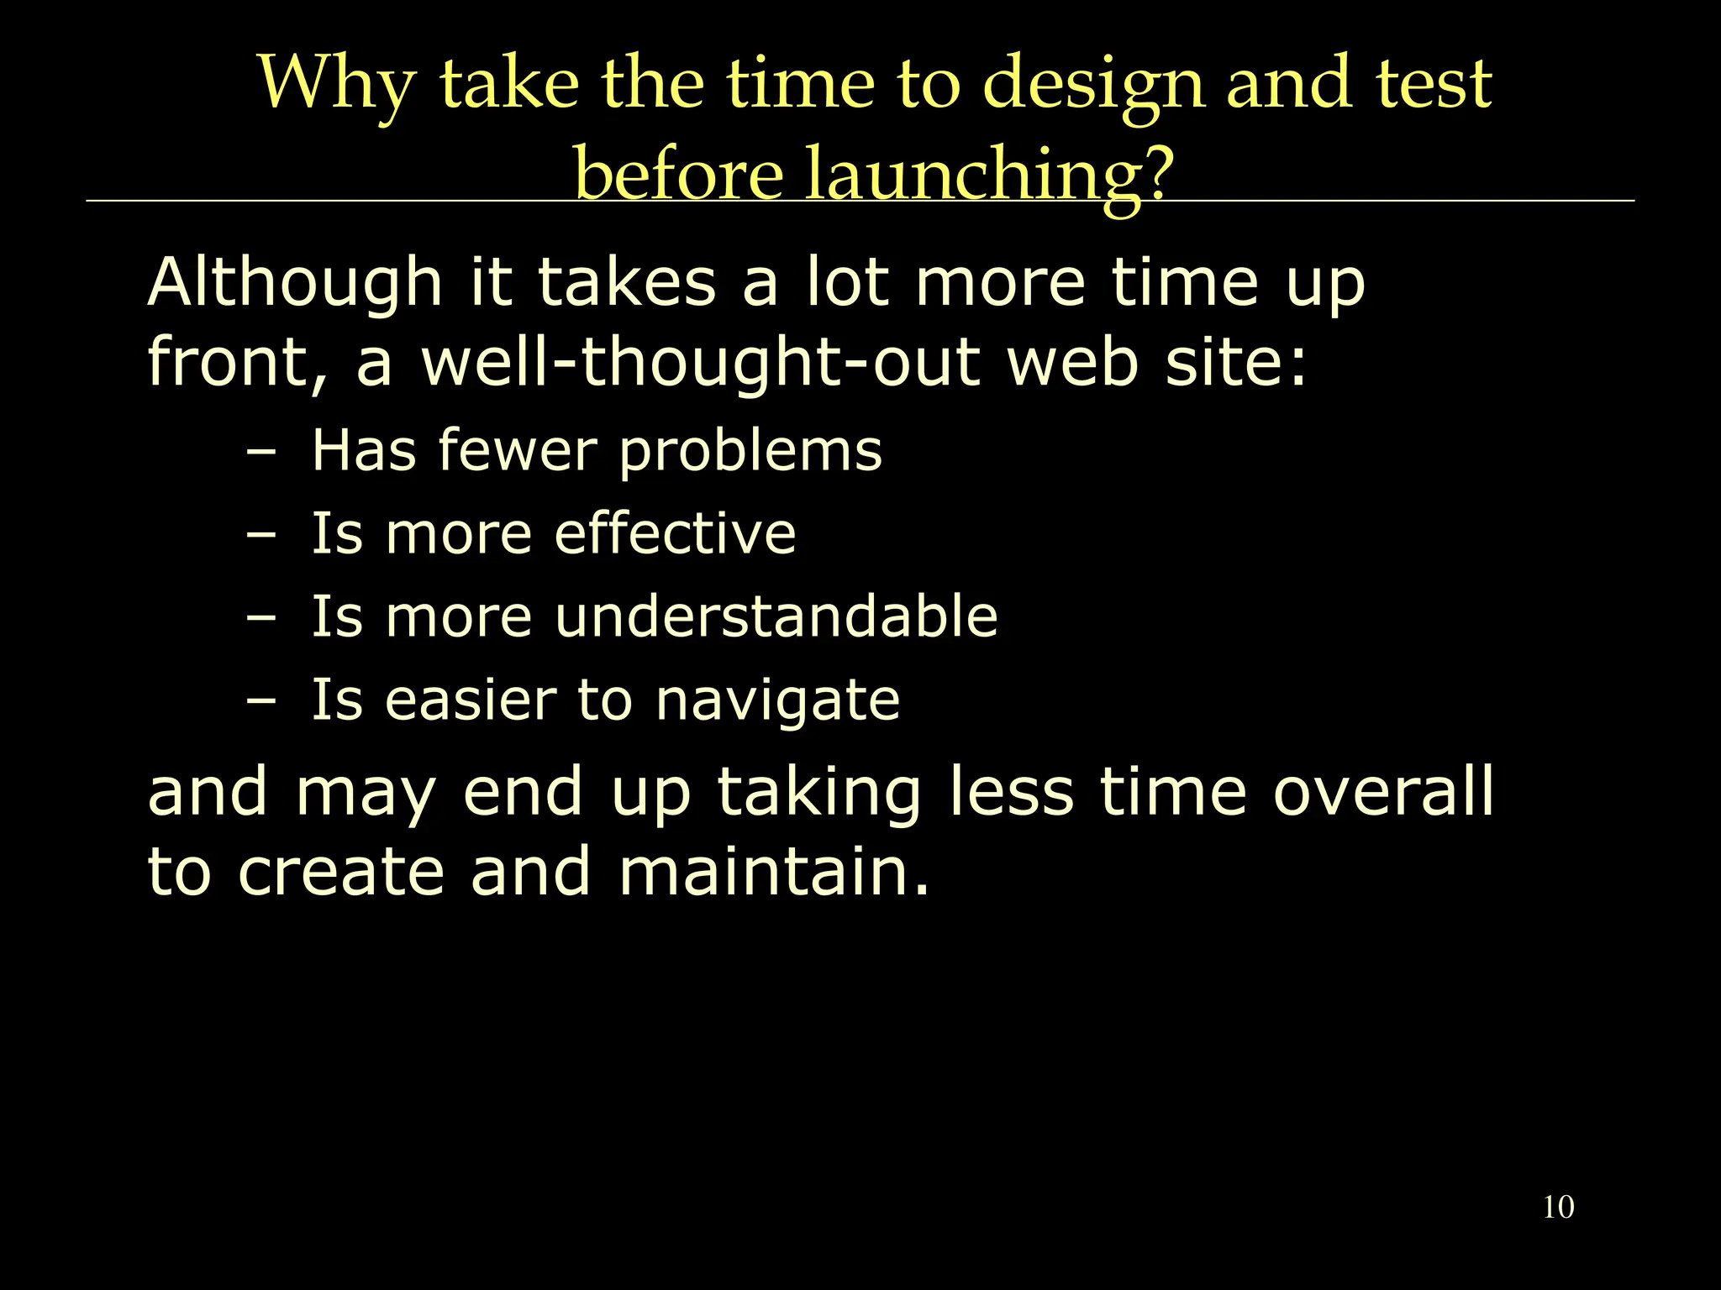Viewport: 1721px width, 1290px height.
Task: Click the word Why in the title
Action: coord(336,84)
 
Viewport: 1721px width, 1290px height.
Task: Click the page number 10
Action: coord(1558,1207)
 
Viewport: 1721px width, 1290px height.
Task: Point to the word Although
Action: coord(295,283)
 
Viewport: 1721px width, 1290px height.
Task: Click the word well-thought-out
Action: coord(700,364)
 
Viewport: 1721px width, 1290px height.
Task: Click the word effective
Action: coord(675,533)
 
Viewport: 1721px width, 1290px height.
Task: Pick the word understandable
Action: coord(776,616)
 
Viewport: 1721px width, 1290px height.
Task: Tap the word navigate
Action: coord(777,701)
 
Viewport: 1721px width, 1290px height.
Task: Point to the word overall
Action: coord(1383,791)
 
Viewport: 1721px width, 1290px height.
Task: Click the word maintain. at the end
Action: coord(774,872)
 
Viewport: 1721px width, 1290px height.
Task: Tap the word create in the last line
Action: coord(341,872)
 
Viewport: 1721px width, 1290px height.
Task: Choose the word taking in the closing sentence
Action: coord(818,793)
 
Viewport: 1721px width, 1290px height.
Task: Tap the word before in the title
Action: coord(679,175)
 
